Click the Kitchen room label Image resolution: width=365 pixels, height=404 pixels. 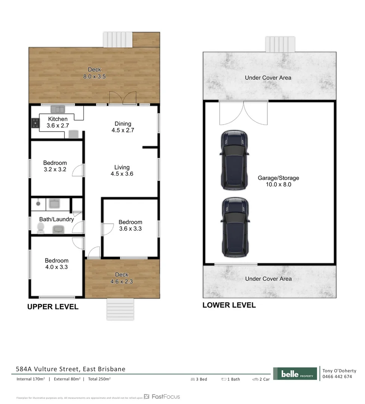pos(58,122)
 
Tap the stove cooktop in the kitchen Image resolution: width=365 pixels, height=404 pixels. pos(35,123)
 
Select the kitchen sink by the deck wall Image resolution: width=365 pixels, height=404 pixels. pos(58,109)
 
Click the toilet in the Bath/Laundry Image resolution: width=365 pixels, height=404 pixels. pos(41,228)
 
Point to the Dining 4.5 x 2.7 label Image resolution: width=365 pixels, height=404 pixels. pos(123,127)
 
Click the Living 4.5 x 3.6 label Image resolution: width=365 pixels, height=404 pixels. pos(122,171)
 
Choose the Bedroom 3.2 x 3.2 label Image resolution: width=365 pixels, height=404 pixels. pos(55,166)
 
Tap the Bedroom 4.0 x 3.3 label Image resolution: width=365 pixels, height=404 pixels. pos(57,264)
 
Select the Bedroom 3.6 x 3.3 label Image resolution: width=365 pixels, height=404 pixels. pos(131,225)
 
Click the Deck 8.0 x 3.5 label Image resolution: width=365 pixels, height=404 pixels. pos(94,73)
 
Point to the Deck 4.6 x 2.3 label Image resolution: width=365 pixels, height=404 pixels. pos(122,278)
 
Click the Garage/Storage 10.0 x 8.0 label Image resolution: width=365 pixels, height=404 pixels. pos(278,181)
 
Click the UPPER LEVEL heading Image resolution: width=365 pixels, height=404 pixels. pos(53,307)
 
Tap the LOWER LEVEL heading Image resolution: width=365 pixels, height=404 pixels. pos(229,305)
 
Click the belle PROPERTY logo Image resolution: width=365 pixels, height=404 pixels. pos(295,374)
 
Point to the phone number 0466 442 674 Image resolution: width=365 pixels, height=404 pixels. pos(337,377)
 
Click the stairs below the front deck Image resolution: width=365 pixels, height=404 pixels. pos(120,309)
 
